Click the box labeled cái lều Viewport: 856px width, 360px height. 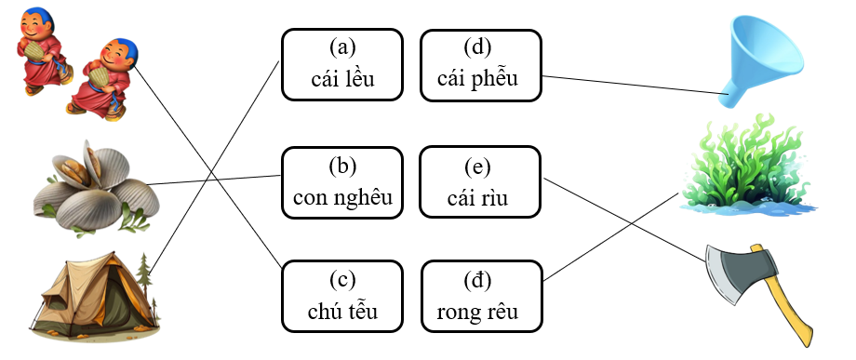point(341,63)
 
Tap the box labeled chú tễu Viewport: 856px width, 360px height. point(341,297)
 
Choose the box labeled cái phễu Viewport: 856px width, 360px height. point(480,63)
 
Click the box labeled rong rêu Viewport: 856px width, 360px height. point(480,297)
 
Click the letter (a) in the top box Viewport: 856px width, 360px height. point(341,47)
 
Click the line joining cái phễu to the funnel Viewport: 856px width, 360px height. point(633,84)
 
